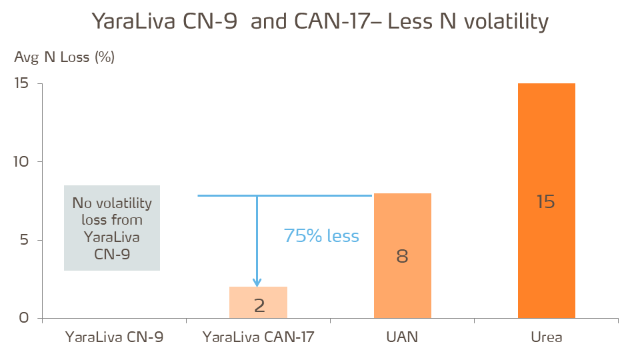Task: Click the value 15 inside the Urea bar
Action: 546,201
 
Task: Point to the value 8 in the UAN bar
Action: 402,256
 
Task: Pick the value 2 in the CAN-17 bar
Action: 259,305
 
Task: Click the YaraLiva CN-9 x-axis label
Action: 114,337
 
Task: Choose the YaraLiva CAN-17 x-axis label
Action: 258,337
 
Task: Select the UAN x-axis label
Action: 402,337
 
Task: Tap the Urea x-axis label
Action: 546,337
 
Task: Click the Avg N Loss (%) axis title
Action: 64,57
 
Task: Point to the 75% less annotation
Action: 321,236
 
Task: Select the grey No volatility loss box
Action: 112,228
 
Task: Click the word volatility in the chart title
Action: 506,22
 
